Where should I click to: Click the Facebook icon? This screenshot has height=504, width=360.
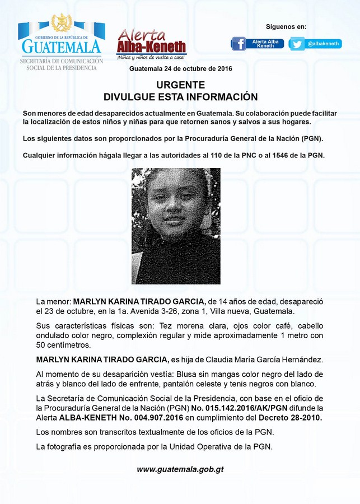click(x=239, y=44)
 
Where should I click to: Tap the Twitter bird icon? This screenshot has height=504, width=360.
click(x=297, y=44)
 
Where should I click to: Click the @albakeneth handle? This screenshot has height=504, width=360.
click(x=324, y=44)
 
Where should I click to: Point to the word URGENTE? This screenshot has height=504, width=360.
click(x=180, y=85)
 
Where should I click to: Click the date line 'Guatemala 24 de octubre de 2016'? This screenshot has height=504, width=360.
click(x=180, y=68)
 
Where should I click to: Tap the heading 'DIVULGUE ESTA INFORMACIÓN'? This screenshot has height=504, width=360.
click(x=180, y=96)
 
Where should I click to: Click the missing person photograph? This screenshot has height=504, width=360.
click(x=176, y=226)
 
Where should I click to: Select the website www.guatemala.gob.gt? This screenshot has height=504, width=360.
click(x=180, y=469)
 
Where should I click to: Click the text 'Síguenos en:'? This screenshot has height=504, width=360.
click(x=286, y=26)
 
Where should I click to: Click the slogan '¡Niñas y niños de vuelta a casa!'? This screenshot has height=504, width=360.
click(x=151, y=57)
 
